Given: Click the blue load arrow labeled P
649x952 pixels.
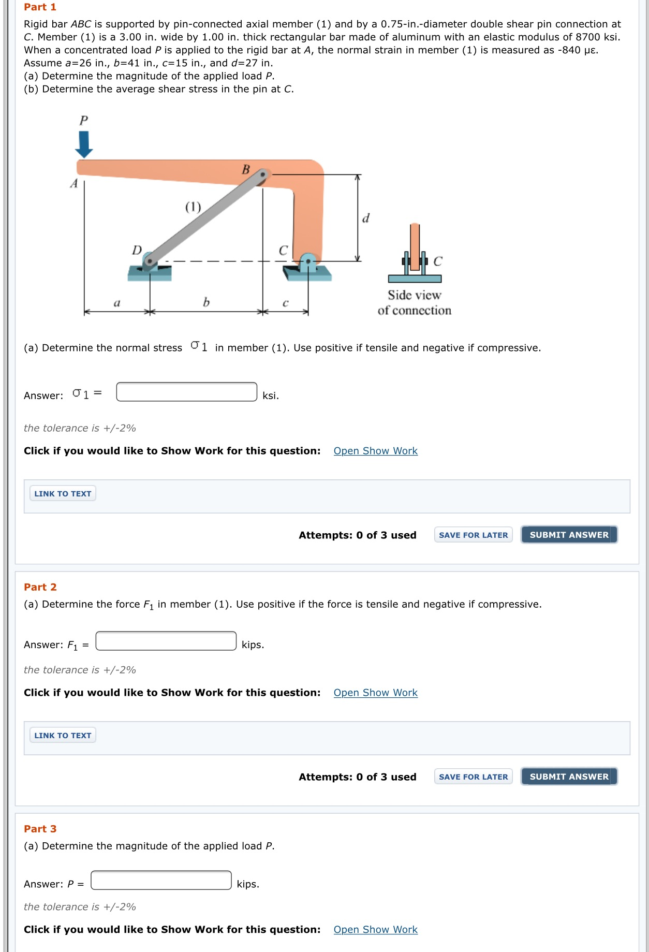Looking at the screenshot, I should [x=84, y=144].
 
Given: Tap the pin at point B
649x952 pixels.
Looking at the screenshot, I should [x=263, y=175].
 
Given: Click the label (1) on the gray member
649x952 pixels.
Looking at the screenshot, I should [x=193, y=207].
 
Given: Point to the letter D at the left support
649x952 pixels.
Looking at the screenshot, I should [x=137, y=251].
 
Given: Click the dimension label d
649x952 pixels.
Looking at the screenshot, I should [x=366, y=218].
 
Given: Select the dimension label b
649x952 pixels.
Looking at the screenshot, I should [x=206, y=302].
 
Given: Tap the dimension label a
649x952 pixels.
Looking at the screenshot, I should [x=116, y=303].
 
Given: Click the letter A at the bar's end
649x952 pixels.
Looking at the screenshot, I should [x=74, y=183].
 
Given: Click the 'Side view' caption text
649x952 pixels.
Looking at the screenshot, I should [x=414, y=295].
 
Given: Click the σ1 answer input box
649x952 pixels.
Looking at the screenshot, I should [x=186, y=392].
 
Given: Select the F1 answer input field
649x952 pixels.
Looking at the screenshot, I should [x=166, y=641].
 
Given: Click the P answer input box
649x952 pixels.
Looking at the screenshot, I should [x=161, y=880].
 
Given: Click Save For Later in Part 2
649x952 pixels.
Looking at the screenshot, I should [x=473, y=777].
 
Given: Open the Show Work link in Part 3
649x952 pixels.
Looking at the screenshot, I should [x=375, y=929].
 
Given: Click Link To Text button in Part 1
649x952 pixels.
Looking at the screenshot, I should [x=63, y=493].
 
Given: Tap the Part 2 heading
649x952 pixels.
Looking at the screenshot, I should [x=40, y=587].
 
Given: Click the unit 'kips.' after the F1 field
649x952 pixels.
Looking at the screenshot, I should [x=253, y=645].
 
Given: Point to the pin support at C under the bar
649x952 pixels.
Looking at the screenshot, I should [x=308, y=261].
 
